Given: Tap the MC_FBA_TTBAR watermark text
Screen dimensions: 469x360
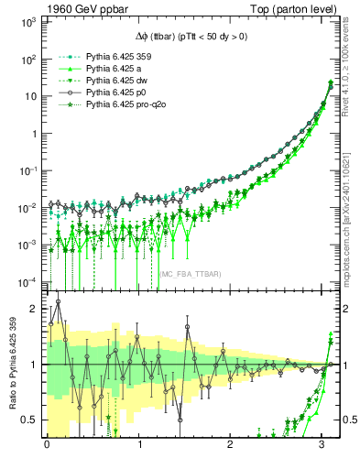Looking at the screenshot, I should pos(191,274).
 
